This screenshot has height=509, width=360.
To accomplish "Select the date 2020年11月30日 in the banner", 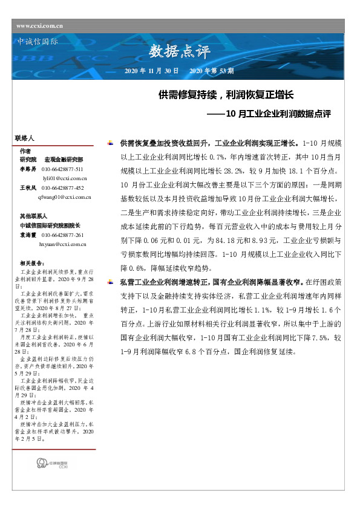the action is click(x=151, y=71).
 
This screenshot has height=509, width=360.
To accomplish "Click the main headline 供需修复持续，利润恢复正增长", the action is click(x=226, y=95).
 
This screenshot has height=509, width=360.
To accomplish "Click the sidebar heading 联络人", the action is click(x=24, y=138).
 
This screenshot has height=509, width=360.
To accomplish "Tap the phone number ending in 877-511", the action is click(x=62, y=169).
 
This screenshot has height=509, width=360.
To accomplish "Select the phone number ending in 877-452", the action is click(x=62, y=188).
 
